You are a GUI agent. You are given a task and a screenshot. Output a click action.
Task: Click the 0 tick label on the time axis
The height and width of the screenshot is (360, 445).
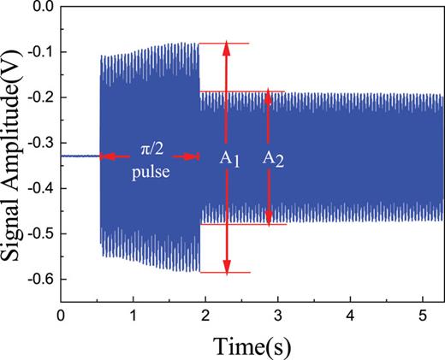point(60,314)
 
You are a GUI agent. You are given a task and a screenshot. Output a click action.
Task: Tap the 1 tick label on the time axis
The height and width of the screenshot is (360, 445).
point(132,314)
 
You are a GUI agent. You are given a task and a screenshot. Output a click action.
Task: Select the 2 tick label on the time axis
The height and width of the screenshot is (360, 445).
point(205,314)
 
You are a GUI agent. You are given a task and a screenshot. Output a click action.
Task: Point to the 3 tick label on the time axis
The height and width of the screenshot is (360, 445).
point(277,314)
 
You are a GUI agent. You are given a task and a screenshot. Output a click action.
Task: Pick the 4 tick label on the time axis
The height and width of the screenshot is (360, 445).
point(350,314)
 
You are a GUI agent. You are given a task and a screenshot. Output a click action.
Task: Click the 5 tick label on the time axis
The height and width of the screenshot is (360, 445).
point(422,314)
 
